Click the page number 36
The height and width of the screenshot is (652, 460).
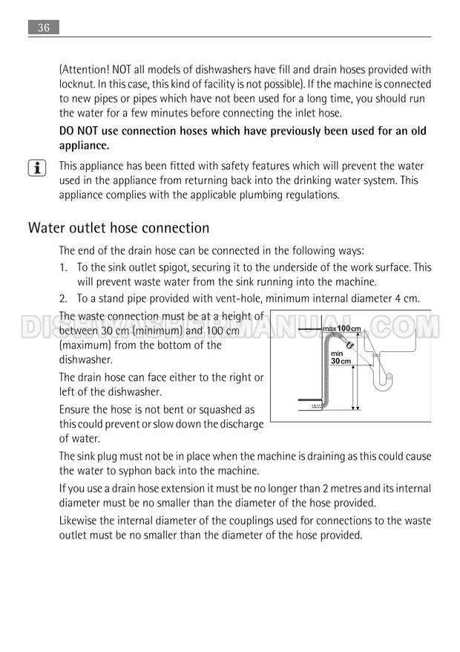point(44,27)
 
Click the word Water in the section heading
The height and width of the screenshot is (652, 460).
point(47,228)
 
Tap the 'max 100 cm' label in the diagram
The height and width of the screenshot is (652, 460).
point(342,328)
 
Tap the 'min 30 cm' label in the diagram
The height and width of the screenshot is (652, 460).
point(340,357)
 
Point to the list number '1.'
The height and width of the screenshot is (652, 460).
point(64,267)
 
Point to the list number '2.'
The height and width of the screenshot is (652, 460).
point(64,299)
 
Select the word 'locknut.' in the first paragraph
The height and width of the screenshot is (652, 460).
point(78,85)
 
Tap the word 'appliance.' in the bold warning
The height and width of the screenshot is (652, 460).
point(85,146)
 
